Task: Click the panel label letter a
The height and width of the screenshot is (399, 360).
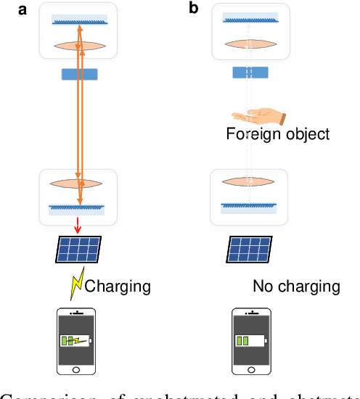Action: tap(10, 9)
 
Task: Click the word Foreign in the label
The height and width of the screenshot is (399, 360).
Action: tap(250, 134)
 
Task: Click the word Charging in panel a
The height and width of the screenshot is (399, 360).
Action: tap(118, 286)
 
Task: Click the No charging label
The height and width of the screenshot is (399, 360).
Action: tap(296, 286)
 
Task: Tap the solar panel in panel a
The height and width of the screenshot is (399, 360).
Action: tap(79, 250)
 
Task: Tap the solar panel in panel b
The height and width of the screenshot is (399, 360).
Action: tap(250, 250)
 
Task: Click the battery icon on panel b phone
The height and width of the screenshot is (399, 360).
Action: tap(250, 341)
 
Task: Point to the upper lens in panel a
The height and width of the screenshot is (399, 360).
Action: tap(80, 45)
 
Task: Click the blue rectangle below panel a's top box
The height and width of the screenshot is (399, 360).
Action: tap(80, 73)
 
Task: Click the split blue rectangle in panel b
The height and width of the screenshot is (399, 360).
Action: tap(250, 73)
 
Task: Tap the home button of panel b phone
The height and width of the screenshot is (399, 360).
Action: tap(250, 371)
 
